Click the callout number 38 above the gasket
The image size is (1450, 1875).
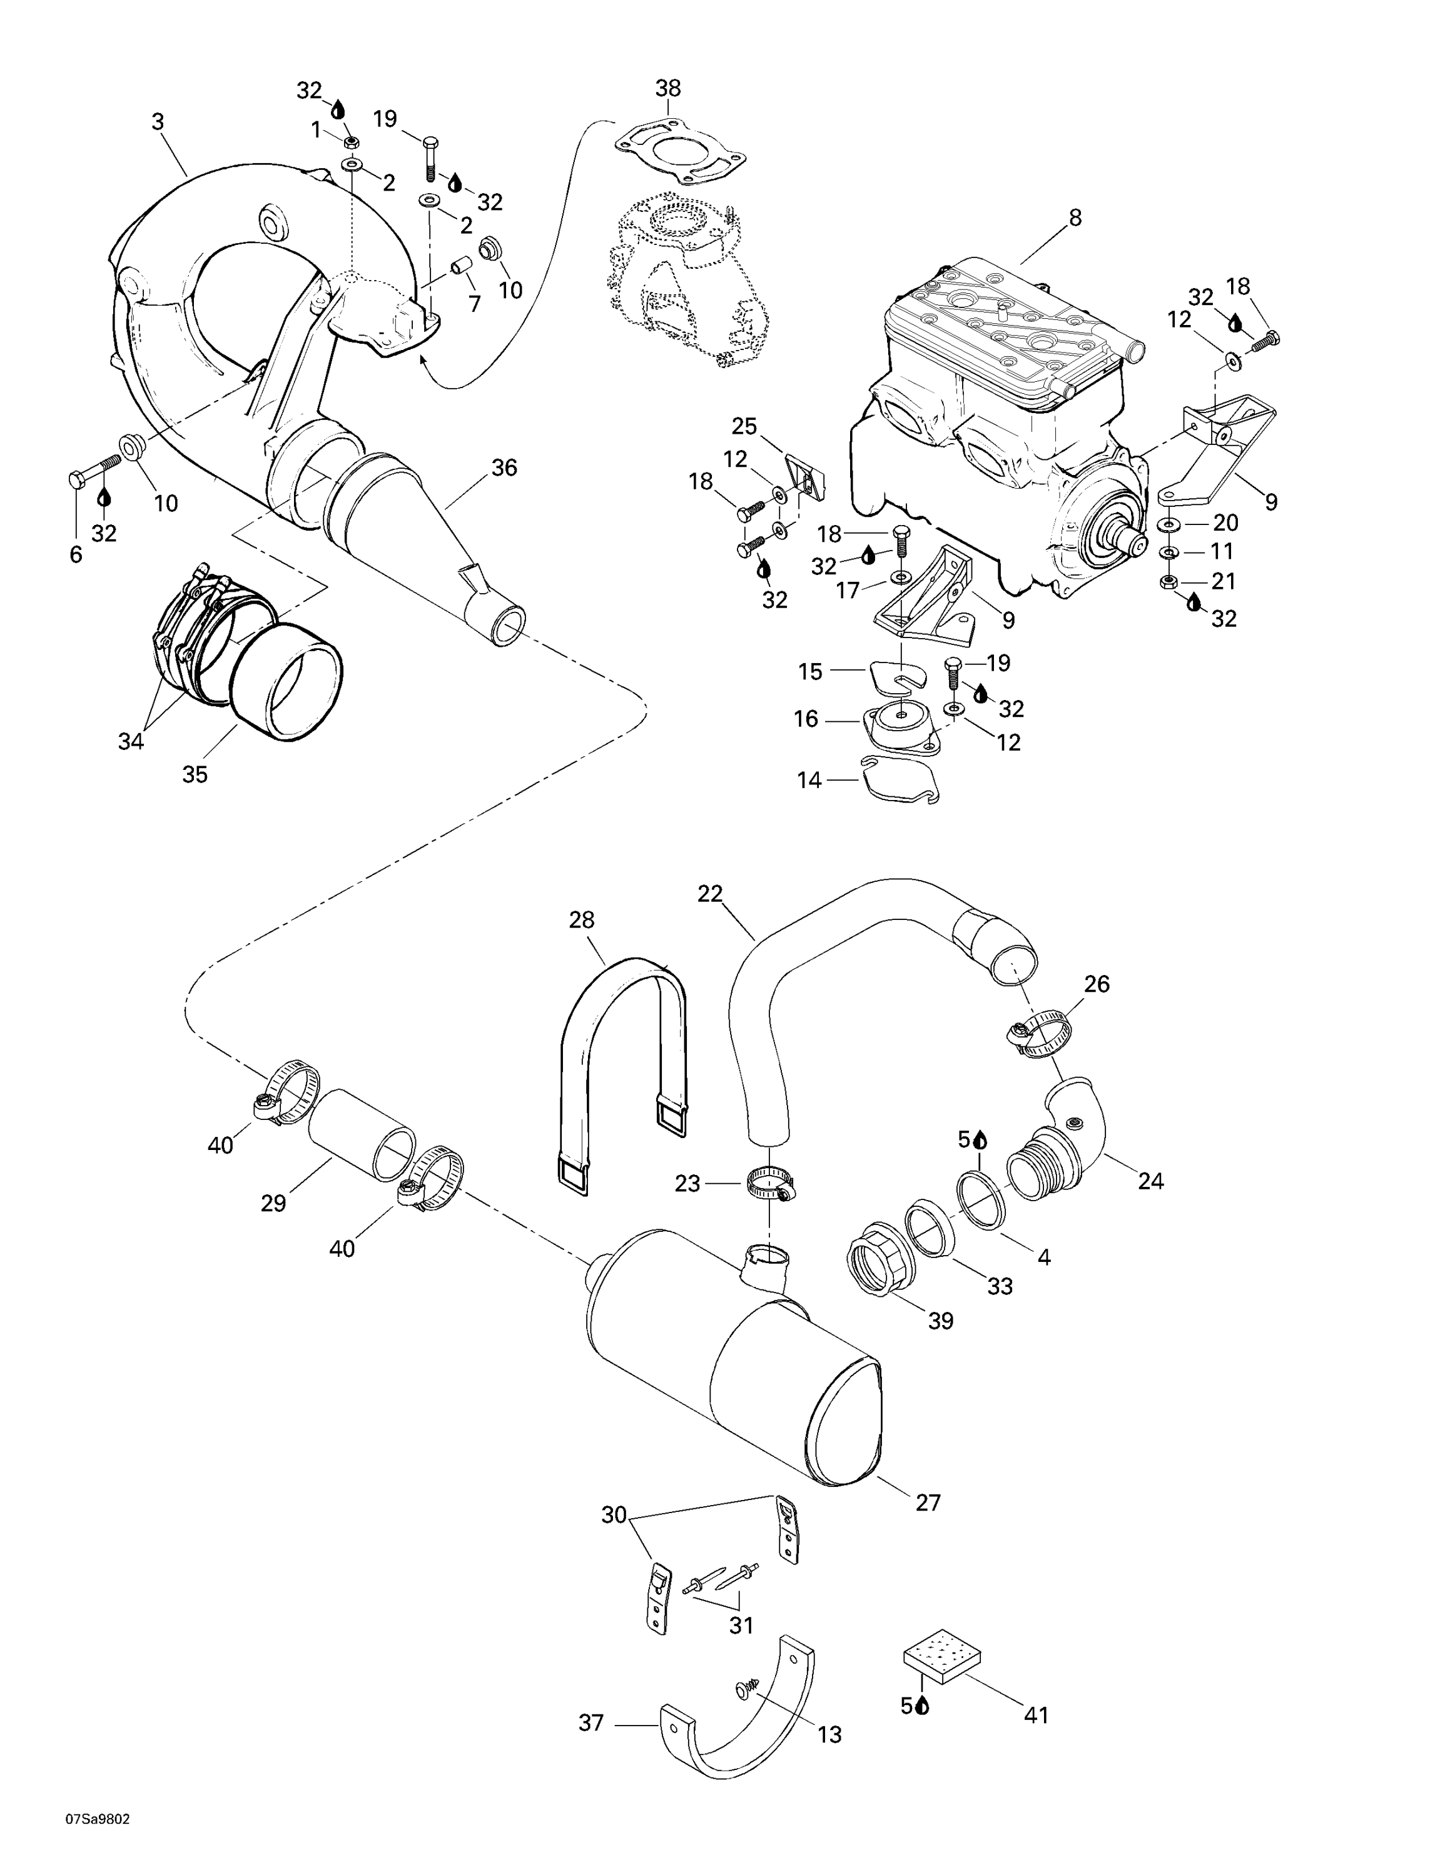[667, 88]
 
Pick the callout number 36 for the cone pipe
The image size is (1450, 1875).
[504, 468]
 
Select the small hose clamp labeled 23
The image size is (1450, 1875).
[769, 1185]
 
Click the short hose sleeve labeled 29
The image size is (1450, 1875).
[361, 1135]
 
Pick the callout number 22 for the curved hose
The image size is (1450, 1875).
[709, 894]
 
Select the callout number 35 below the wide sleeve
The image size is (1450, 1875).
[195, 774]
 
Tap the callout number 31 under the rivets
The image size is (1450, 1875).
[741, 1625]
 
